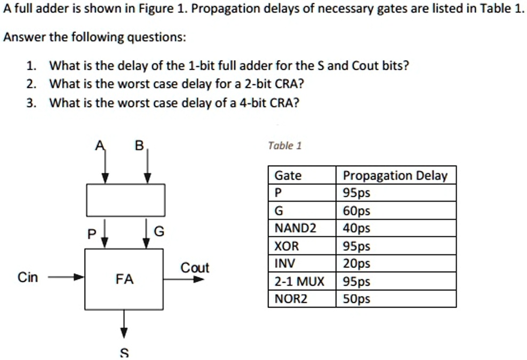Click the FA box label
point(124,279)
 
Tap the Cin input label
point(28,277)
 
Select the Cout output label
point(195,268)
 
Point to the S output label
point(124,353)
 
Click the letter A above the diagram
point(100,146)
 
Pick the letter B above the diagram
point(139,146)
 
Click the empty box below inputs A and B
point(126,200)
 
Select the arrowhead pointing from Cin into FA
point(79,277)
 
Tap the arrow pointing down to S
point(124,324)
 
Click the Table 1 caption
point(285,146)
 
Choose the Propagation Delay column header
point(395,175)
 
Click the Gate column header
point(288,175)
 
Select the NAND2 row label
point(296,228)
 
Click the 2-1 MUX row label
point(299,282)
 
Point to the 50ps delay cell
point(357,299)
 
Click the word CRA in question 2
point(286,84)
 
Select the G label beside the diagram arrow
point(159,231)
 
